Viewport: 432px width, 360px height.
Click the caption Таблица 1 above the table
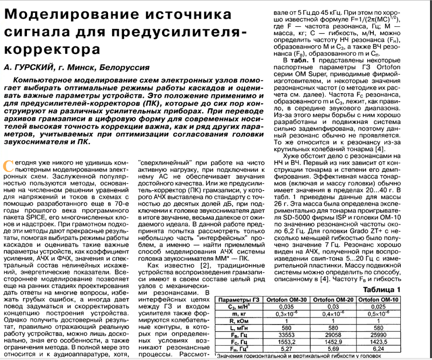tap(382, 289)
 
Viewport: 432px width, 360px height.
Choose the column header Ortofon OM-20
tap(333, 300)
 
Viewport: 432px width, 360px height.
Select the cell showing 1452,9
tap(333, 342)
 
